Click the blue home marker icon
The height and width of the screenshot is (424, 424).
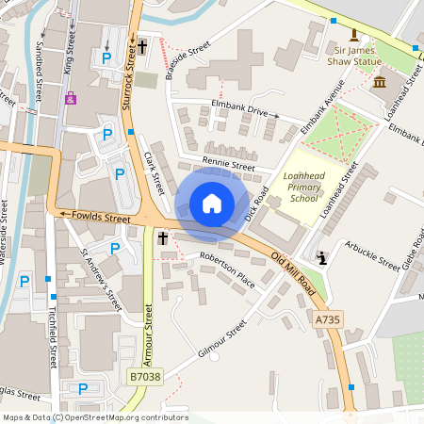coord(212,204)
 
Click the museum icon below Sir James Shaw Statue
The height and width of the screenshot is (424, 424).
coord(379,82)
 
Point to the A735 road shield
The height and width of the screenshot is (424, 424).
coord(327,320)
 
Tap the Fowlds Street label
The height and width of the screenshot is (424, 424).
coord(100,217)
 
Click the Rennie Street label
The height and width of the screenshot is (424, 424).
coord(229,165)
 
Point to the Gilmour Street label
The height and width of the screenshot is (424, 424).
coord(223,337)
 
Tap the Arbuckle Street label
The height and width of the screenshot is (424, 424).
coord(371,253)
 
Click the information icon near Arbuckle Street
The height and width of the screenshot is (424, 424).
coord(322,257)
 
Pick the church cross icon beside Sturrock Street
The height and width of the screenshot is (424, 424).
coord(143,45)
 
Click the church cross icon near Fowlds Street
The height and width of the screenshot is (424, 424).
coord(162,239)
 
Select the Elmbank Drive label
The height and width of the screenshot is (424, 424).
coord(238,109)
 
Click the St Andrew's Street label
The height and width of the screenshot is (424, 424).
coord(102,280)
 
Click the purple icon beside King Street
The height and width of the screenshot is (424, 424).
coord(70,98)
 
